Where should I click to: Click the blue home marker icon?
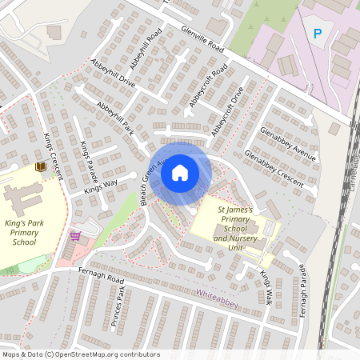[180, 173]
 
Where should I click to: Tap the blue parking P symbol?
[318, 34]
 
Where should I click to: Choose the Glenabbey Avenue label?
[288, 142]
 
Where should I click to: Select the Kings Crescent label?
[54, 151]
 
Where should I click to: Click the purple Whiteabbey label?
[218, 294]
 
